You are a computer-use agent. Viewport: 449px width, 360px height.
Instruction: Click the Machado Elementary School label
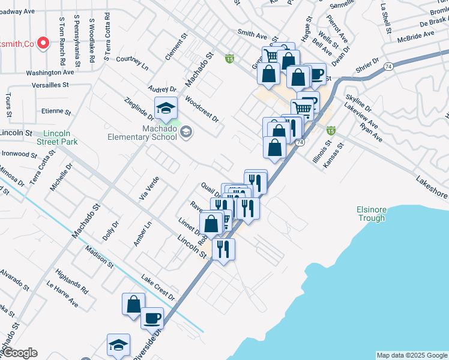coord(142,132)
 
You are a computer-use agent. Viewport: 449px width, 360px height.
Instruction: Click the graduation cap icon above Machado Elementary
coord(166,109)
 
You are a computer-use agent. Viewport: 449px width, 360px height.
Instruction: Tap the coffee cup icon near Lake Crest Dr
coord(152,317)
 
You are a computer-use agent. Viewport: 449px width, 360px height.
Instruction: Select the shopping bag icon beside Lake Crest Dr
coord(133,304)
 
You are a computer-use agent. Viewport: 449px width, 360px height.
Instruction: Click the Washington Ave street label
coord(50,72)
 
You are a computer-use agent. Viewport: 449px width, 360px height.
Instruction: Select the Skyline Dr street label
coord(358,104)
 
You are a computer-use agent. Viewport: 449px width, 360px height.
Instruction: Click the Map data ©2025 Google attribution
coord(412,355)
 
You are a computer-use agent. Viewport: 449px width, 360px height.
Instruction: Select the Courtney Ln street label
coord(131,61)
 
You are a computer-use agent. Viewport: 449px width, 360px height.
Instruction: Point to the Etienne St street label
coord(56,112)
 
